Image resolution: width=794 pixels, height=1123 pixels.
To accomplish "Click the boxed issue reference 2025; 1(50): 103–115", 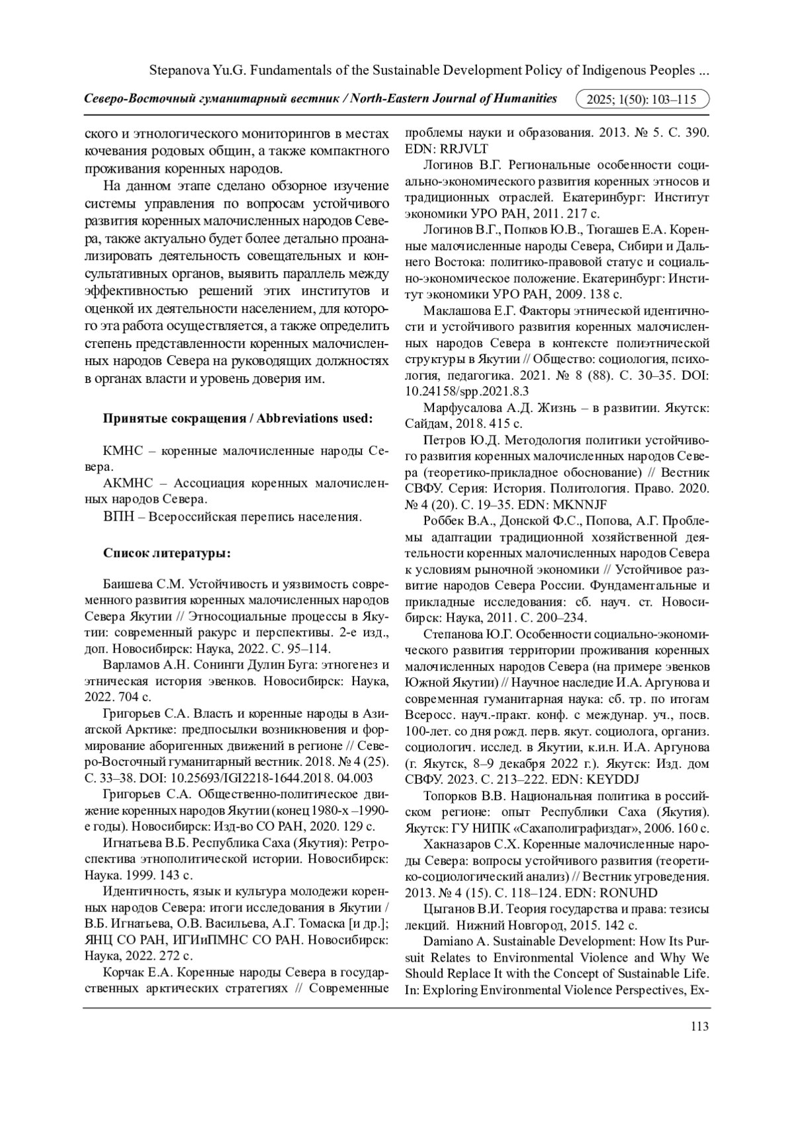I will pos(643,100).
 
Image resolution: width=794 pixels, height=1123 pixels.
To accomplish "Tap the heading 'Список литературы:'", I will pos(167,553).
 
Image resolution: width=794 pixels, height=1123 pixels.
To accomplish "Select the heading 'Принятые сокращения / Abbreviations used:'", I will pos(238,419).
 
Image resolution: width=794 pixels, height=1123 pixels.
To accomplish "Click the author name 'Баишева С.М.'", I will pos(144,585).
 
